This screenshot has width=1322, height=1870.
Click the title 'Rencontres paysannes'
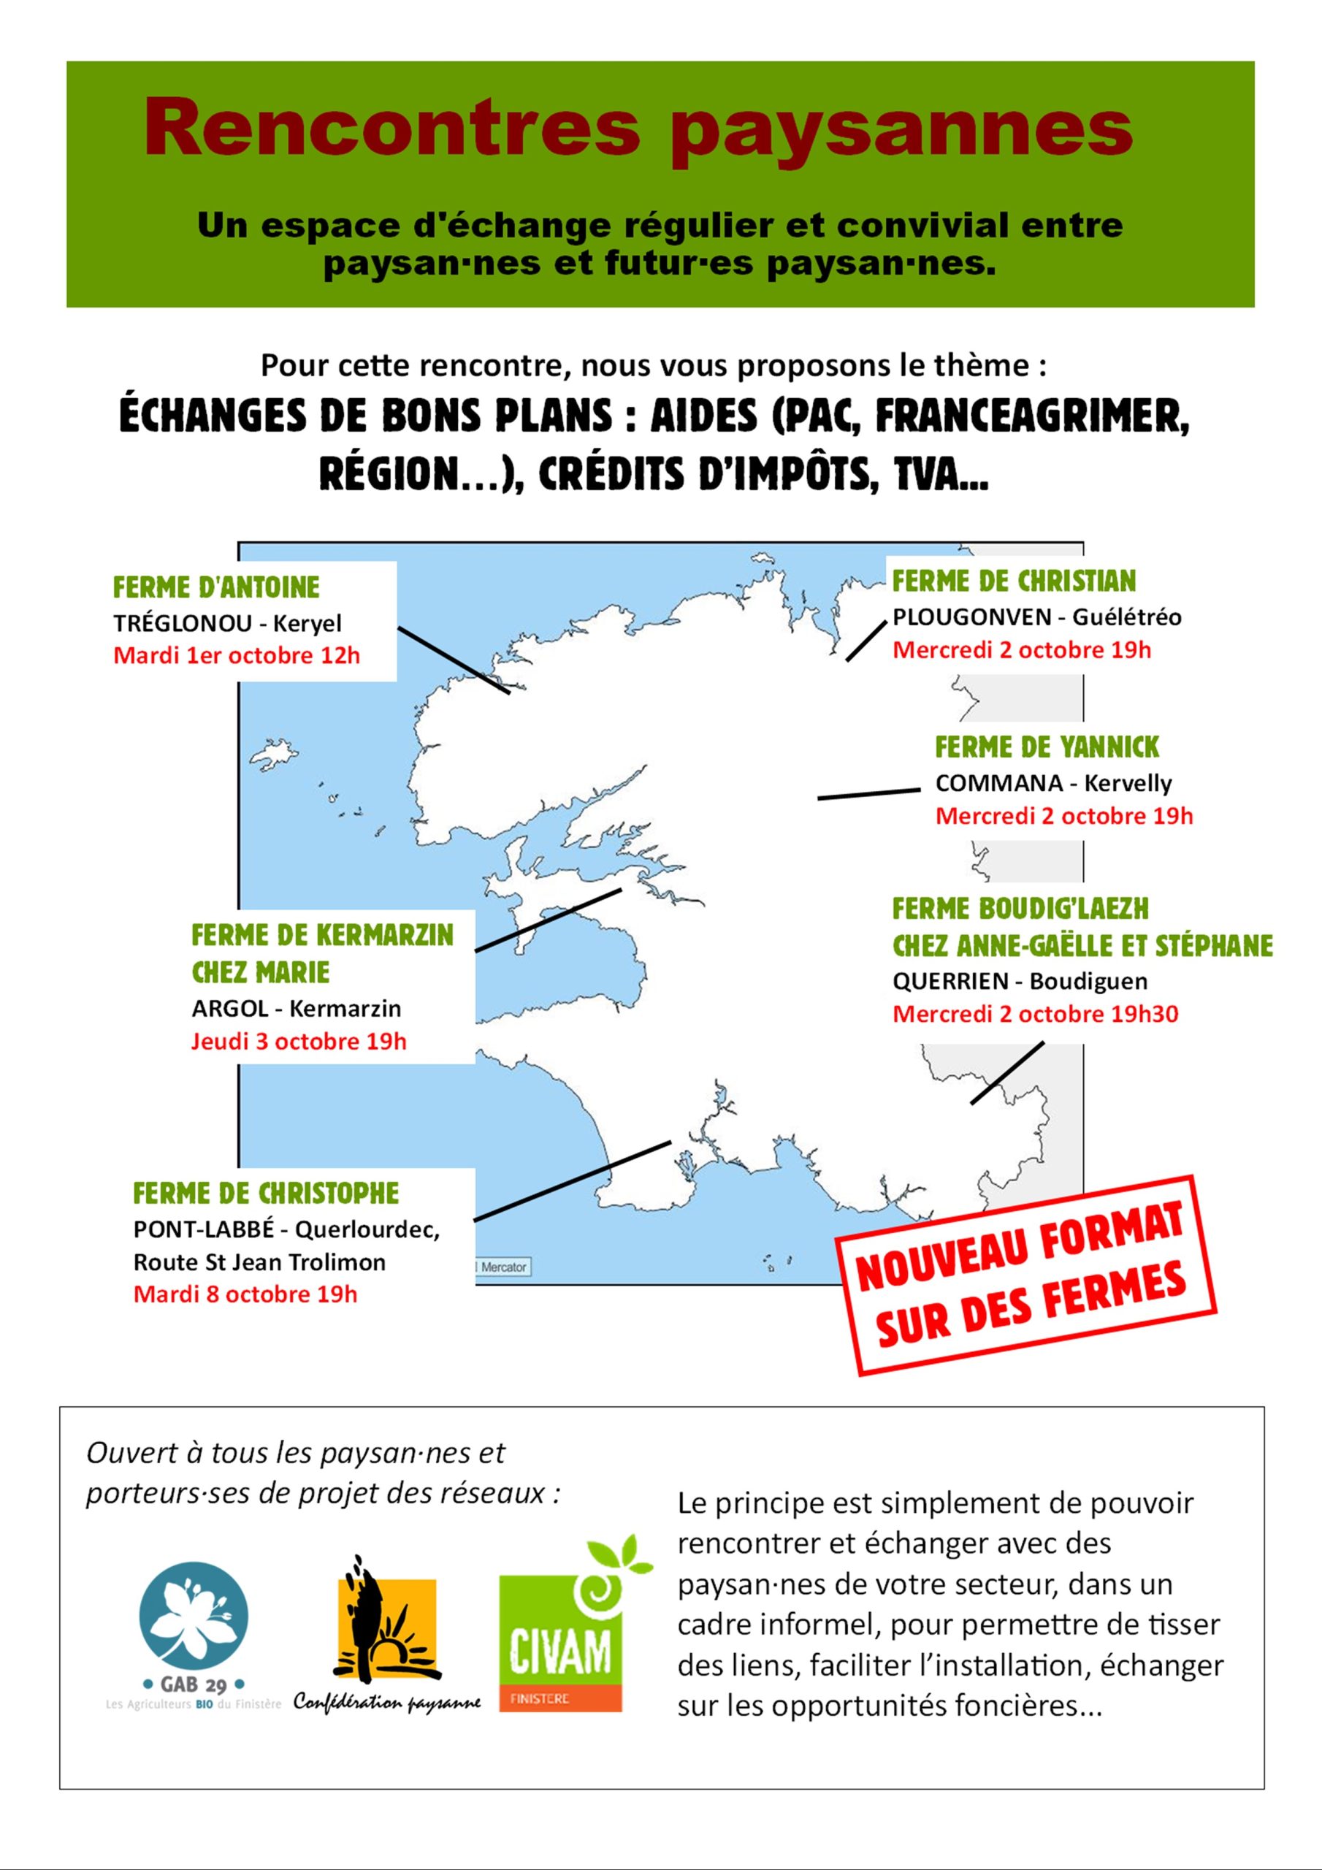coord(638,128)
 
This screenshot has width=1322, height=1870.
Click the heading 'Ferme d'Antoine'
coord(216,587)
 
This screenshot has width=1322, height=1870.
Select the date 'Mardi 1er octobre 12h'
coord(236,656)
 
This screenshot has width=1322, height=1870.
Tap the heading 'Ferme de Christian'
coord(1013,581)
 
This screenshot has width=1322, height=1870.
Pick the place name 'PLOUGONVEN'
coord(971,617)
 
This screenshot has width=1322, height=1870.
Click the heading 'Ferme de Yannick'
coord(1047,747)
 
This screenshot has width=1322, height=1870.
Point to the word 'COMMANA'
coord(998,784)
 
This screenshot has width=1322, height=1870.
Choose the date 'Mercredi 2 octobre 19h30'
coord(1035,1014)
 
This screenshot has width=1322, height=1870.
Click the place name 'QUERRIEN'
coord(950,982)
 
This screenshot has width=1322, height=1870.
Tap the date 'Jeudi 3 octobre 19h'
coord(299,1042)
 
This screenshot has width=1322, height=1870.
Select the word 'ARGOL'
coord(229,1008)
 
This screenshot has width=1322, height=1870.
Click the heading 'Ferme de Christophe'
coord(266,1194)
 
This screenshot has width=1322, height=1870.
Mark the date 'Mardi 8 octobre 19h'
coord(245,1294)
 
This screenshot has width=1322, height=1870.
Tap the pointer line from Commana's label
coord(868,793)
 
